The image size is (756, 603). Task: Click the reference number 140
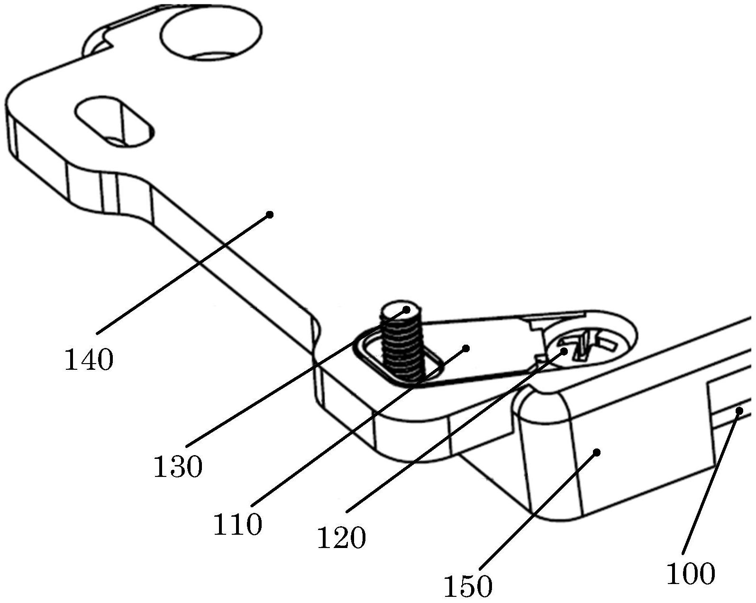click(89, 360)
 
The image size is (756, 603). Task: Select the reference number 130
click(178, 466)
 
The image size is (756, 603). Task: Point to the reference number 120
click(341, 538)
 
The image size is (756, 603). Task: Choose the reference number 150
click(468, 586)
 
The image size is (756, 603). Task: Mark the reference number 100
click(691, 573)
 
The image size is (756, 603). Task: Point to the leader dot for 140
click(270, 215)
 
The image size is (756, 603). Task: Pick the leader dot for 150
click(597, 453)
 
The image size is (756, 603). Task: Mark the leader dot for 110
click(466, 348)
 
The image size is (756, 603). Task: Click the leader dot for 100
click(738, 411)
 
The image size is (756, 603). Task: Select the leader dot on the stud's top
click(407, 310)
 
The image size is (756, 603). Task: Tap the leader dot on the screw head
click(564, 351)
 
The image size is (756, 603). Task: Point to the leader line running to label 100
click(711, 481)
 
